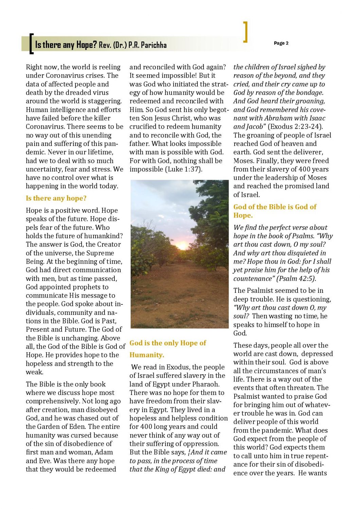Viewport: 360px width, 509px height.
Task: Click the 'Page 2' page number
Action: pyautogui.click(x=281, y=43)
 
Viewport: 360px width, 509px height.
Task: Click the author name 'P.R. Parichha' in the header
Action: pyautogui.click(x=147, y=45)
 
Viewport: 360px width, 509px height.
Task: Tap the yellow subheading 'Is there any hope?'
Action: pyautogui.click(x=56, y=198)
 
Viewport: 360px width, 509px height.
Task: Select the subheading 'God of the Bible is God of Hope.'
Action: pyautogui.click(x=275, y=211)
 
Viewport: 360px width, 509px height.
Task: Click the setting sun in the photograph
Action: pyautogui.click(x=183, y=246)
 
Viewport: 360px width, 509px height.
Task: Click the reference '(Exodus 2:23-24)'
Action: pyautogui.click(x=295, y=127)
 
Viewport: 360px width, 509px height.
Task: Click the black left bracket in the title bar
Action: pyautogui.click(x=31, y=44)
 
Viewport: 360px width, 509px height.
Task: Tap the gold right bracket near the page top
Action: pyautogui.click(x=245, y=32)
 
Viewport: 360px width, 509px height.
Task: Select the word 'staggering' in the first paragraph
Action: pyautogui.click(x=104, y=101)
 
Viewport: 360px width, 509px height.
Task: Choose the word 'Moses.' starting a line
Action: pyautogui.click(x=244, y=161)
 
